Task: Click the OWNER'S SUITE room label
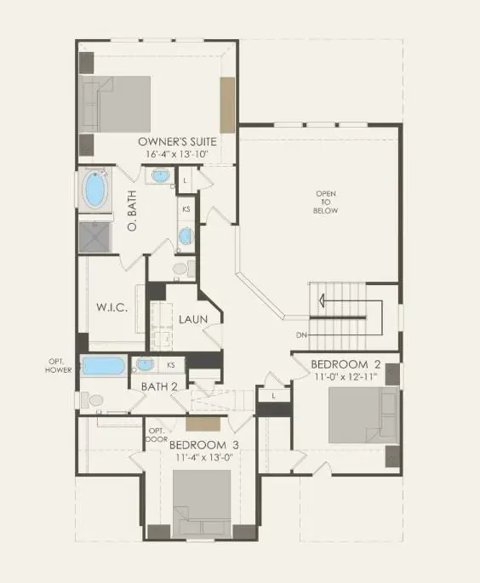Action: (178, 140)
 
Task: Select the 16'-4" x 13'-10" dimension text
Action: (178, 154)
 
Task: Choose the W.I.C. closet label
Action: (111, 306)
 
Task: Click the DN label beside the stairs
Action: (301, 334)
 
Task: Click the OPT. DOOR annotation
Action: (156, 435)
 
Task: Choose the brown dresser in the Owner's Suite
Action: (227, 104)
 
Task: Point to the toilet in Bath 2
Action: (92, 398)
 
